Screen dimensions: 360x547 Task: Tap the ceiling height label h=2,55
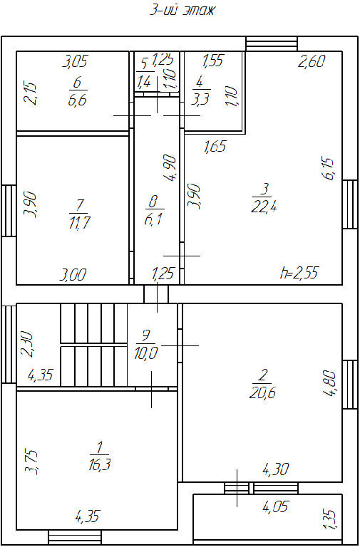299,273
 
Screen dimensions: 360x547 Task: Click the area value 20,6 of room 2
263,393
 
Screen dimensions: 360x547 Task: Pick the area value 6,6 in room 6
77,100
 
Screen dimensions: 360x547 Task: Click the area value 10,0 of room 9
146,354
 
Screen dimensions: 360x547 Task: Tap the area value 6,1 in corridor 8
153,219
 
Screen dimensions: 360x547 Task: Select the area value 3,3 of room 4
201,100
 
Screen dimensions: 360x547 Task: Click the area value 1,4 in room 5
143,83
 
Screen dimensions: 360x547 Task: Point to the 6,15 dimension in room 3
329,170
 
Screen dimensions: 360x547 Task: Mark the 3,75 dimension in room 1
31,462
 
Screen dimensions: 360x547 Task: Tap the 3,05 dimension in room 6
75,62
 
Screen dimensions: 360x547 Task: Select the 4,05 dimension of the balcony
275,506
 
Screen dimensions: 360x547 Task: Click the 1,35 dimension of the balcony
332,519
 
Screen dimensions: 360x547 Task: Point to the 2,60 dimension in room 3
312,61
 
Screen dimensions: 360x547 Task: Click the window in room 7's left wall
9,210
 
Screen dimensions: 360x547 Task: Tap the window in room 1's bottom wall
75,537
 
